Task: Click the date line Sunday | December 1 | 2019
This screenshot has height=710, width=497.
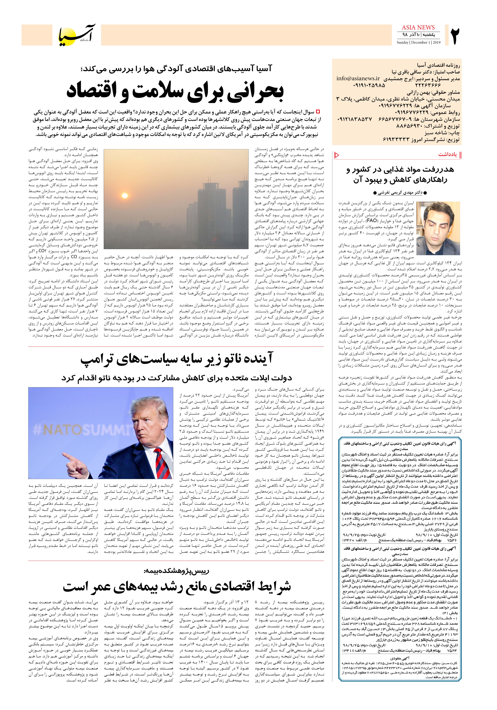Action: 418,42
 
